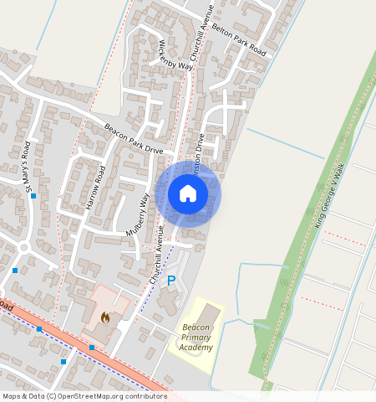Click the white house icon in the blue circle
188,194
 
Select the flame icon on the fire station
104,317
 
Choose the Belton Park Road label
239,40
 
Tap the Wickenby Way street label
175,54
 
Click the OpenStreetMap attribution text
84,396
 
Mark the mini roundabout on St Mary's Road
24,248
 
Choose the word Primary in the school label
196,337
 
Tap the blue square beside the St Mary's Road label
33,197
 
